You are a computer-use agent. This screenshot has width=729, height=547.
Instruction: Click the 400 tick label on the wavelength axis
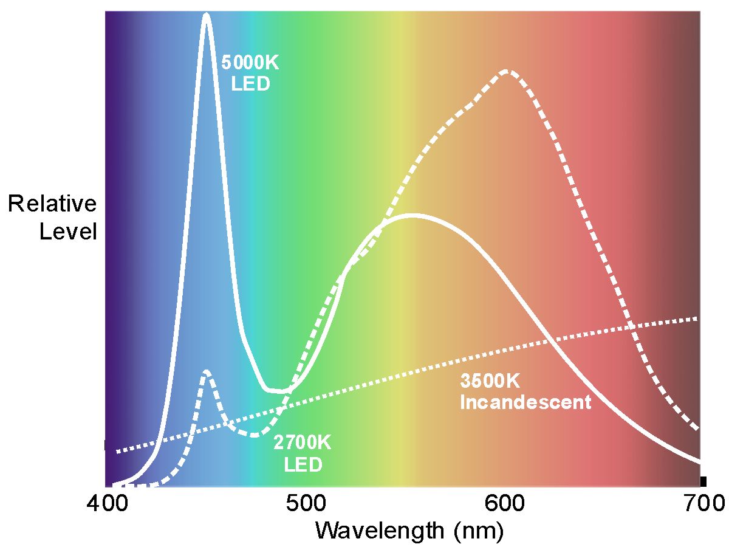tap(106, 504)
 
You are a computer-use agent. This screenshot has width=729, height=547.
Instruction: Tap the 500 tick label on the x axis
tap(304, 504)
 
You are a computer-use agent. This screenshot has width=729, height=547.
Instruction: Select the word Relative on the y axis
tap(52, 204)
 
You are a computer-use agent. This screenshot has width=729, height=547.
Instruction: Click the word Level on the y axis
tap(68, 232)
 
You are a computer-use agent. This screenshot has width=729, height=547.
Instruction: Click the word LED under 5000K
tap(251, 83)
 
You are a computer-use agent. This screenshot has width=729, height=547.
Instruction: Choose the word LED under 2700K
tap(303, 465)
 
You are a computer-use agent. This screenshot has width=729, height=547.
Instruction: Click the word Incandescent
tap(525, 402)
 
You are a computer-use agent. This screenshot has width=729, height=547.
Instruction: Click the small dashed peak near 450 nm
tap(207, 371)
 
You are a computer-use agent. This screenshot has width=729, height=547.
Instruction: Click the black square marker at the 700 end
tap(703, 481)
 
